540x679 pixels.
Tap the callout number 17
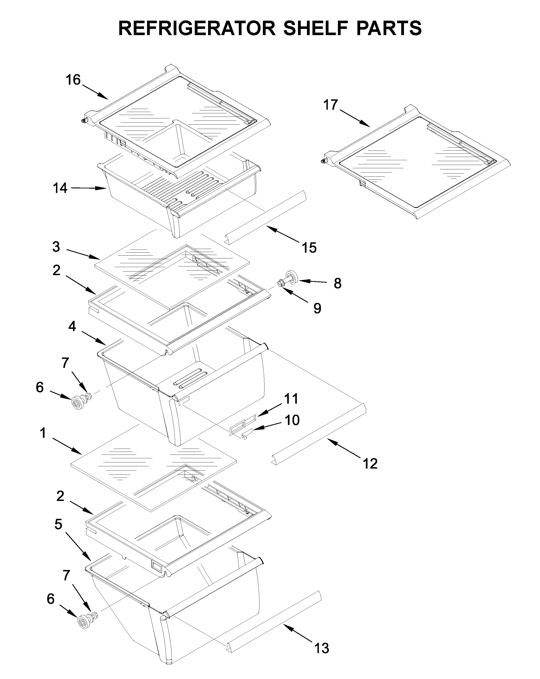point(331,105)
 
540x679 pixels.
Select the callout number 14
point(60,188)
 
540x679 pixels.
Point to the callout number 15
point(309,248)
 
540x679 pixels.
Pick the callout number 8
point(337,283)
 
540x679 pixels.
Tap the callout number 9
point(317,308)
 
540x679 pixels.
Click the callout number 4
point(72,326)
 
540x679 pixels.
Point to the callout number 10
point(292,420)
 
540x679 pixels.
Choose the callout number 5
point(58,524)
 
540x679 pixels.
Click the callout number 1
point(43,433)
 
